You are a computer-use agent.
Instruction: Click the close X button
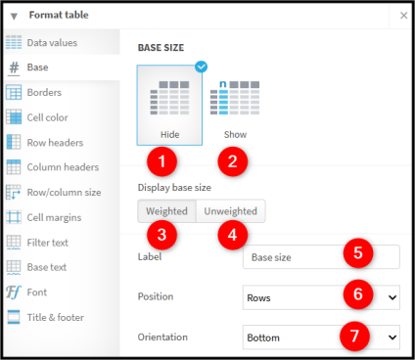[403, 16]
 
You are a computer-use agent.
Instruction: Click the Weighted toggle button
[166, 211]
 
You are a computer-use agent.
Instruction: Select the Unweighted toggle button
[231, 211]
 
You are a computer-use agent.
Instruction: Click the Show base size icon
[235, 98]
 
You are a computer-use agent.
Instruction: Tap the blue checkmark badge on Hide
[202, 67]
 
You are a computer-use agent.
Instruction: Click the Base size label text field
[321, 257]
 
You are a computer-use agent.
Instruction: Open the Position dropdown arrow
[392, 297]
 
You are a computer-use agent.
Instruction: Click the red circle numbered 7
[354, 337]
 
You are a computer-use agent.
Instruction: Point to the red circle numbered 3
[161, 235]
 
